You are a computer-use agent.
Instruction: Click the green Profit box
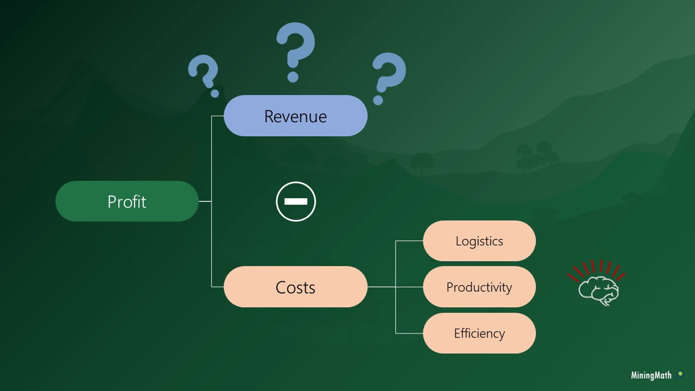pos(127,201)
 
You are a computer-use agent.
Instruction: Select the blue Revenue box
pos(295,116)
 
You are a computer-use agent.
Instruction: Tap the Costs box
pos(295,287)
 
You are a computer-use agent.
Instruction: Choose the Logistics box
pos(479,241)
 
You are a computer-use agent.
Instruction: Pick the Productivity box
pos(479,287)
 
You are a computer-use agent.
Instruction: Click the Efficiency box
pos(479,333)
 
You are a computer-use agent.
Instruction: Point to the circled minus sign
pos(295,201)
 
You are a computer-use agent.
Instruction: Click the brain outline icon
pos(598,290)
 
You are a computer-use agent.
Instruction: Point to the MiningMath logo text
pos(651,375)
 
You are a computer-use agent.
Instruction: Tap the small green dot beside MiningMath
pos(680,374)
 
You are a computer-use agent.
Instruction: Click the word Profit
pos(127,201)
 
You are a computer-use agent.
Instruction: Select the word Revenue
pos(295,116)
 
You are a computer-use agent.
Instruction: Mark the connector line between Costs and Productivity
pos(395,287)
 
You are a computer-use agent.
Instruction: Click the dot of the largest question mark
pos(293,77)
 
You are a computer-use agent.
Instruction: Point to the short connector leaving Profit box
pos(205,201)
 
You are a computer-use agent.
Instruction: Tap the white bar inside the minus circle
pos(295,201)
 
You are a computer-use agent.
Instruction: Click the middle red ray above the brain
pos(601,266)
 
